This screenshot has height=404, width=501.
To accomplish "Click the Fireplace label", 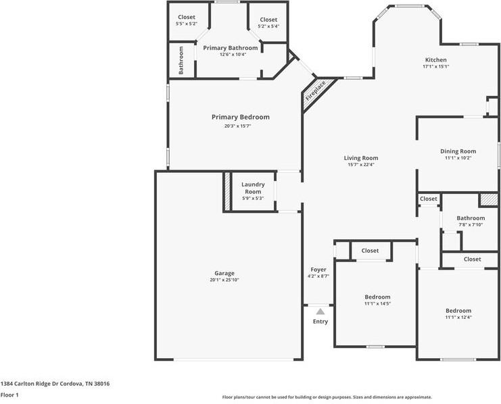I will [315, 91].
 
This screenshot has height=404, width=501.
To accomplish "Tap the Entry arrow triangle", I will [320, 311].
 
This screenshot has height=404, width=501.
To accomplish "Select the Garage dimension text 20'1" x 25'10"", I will [224, 280].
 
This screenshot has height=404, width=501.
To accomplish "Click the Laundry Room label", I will [253, 188].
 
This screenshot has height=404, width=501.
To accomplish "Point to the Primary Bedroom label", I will [240, 117].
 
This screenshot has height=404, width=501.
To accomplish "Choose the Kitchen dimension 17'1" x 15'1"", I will [435, 66].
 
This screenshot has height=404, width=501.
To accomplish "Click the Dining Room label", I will [458, 151].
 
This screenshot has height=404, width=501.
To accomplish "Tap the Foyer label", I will [318, 270].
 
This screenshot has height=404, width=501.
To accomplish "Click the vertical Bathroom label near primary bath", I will [181, 60].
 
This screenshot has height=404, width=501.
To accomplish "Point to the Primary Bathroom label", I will [230, 48].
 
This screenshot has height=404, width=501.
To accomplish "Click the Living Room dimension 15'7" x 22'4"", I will [360, 164].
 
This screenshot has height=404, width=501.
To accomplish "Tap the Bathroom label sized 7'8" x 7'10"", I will [470, 218].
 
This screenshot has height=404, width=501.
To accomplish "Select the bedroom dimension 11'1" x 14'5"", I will [377, 304].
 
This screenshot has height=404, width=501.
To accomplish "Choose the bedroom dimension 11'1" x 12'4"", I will [458, 318].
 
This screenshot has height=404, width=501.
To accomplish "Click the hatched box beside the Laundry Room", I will [227, 193].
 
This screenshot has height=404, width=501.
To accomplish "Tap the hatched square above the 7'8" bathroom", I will [488, 200].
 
